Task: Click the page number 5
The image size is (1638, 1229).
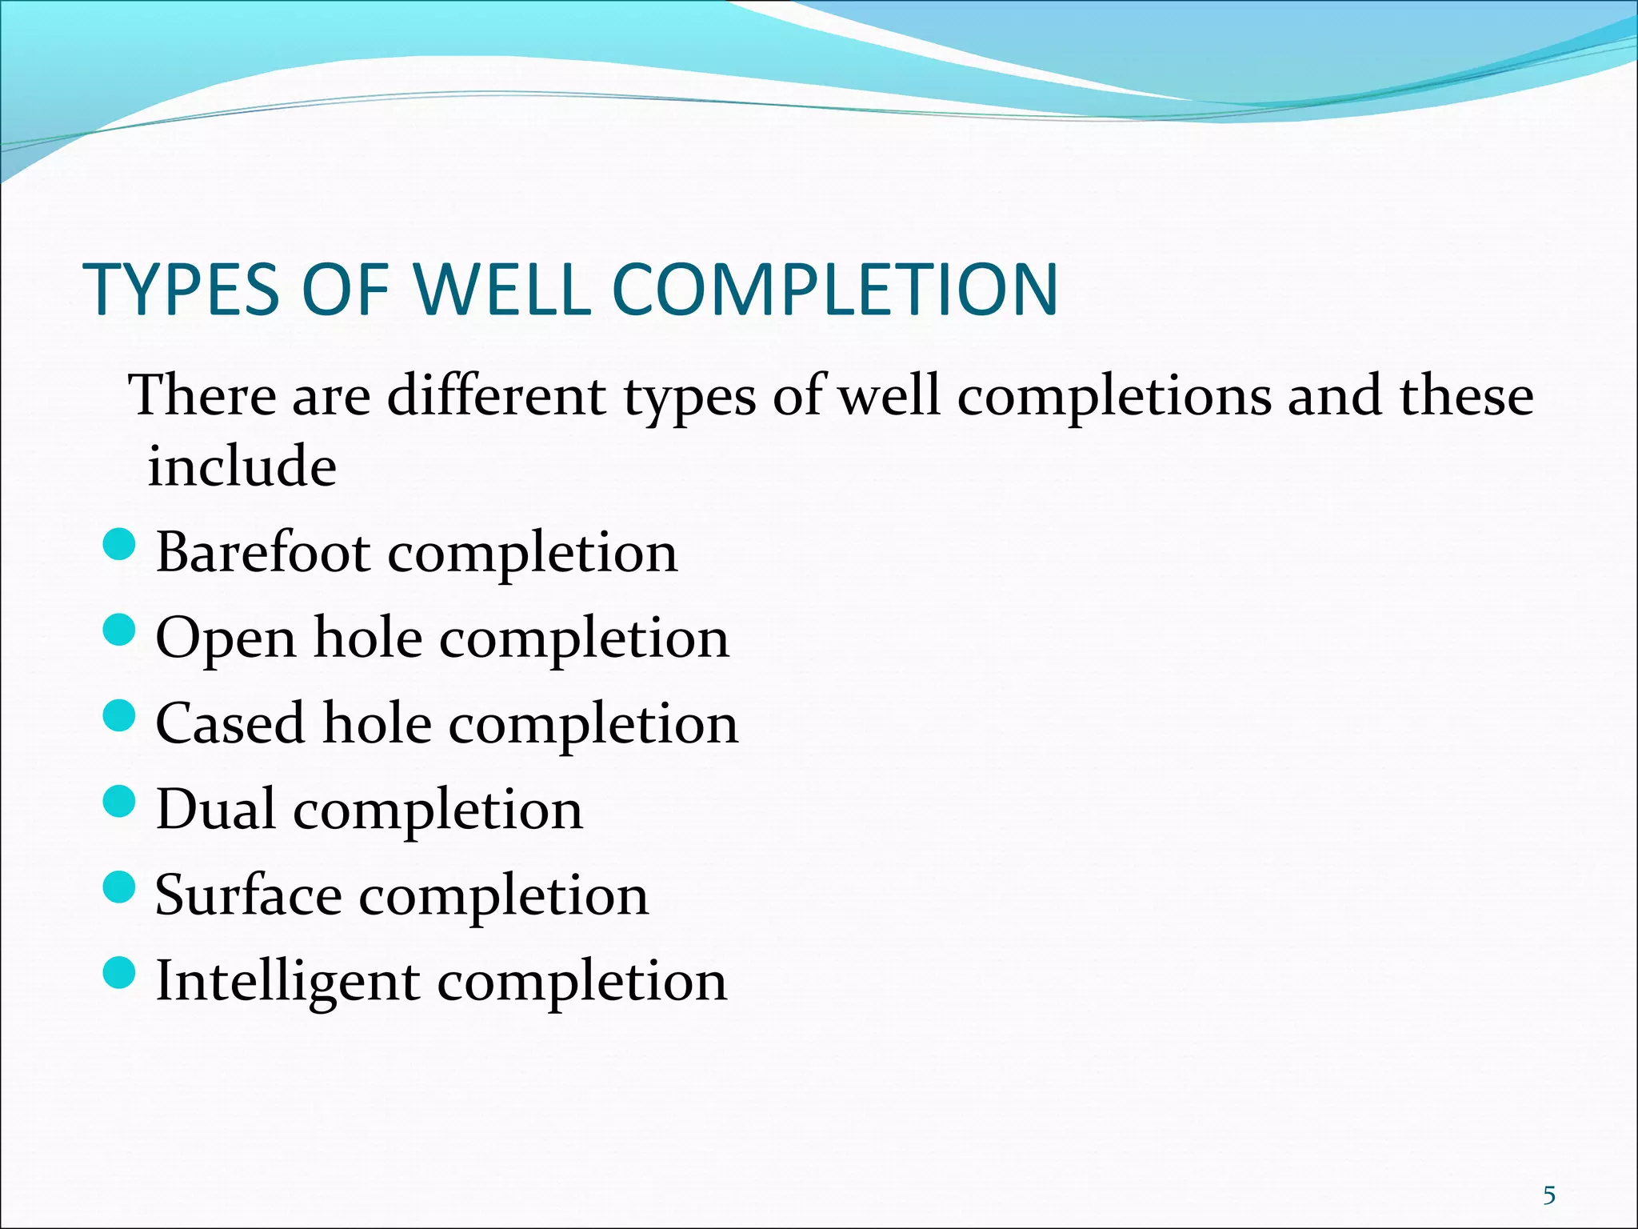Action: tap(1549, 1195)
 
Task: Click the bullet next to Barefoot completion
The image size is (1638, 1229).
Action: tap(120, 545)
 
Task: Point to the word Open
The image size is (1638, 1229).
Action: tap(226, 640)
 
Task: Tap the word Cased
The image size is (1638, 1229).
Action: tap(230, 723)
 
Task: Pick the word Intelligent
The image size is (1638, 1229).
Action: tap(287, 983)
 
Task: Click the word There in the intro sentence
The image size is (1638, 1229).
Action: tap(202, 395)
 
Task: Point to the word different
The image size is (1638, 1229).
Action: tap(496, 395)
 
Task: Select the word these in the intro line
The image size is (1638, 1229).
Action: tap(1466, 395)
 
